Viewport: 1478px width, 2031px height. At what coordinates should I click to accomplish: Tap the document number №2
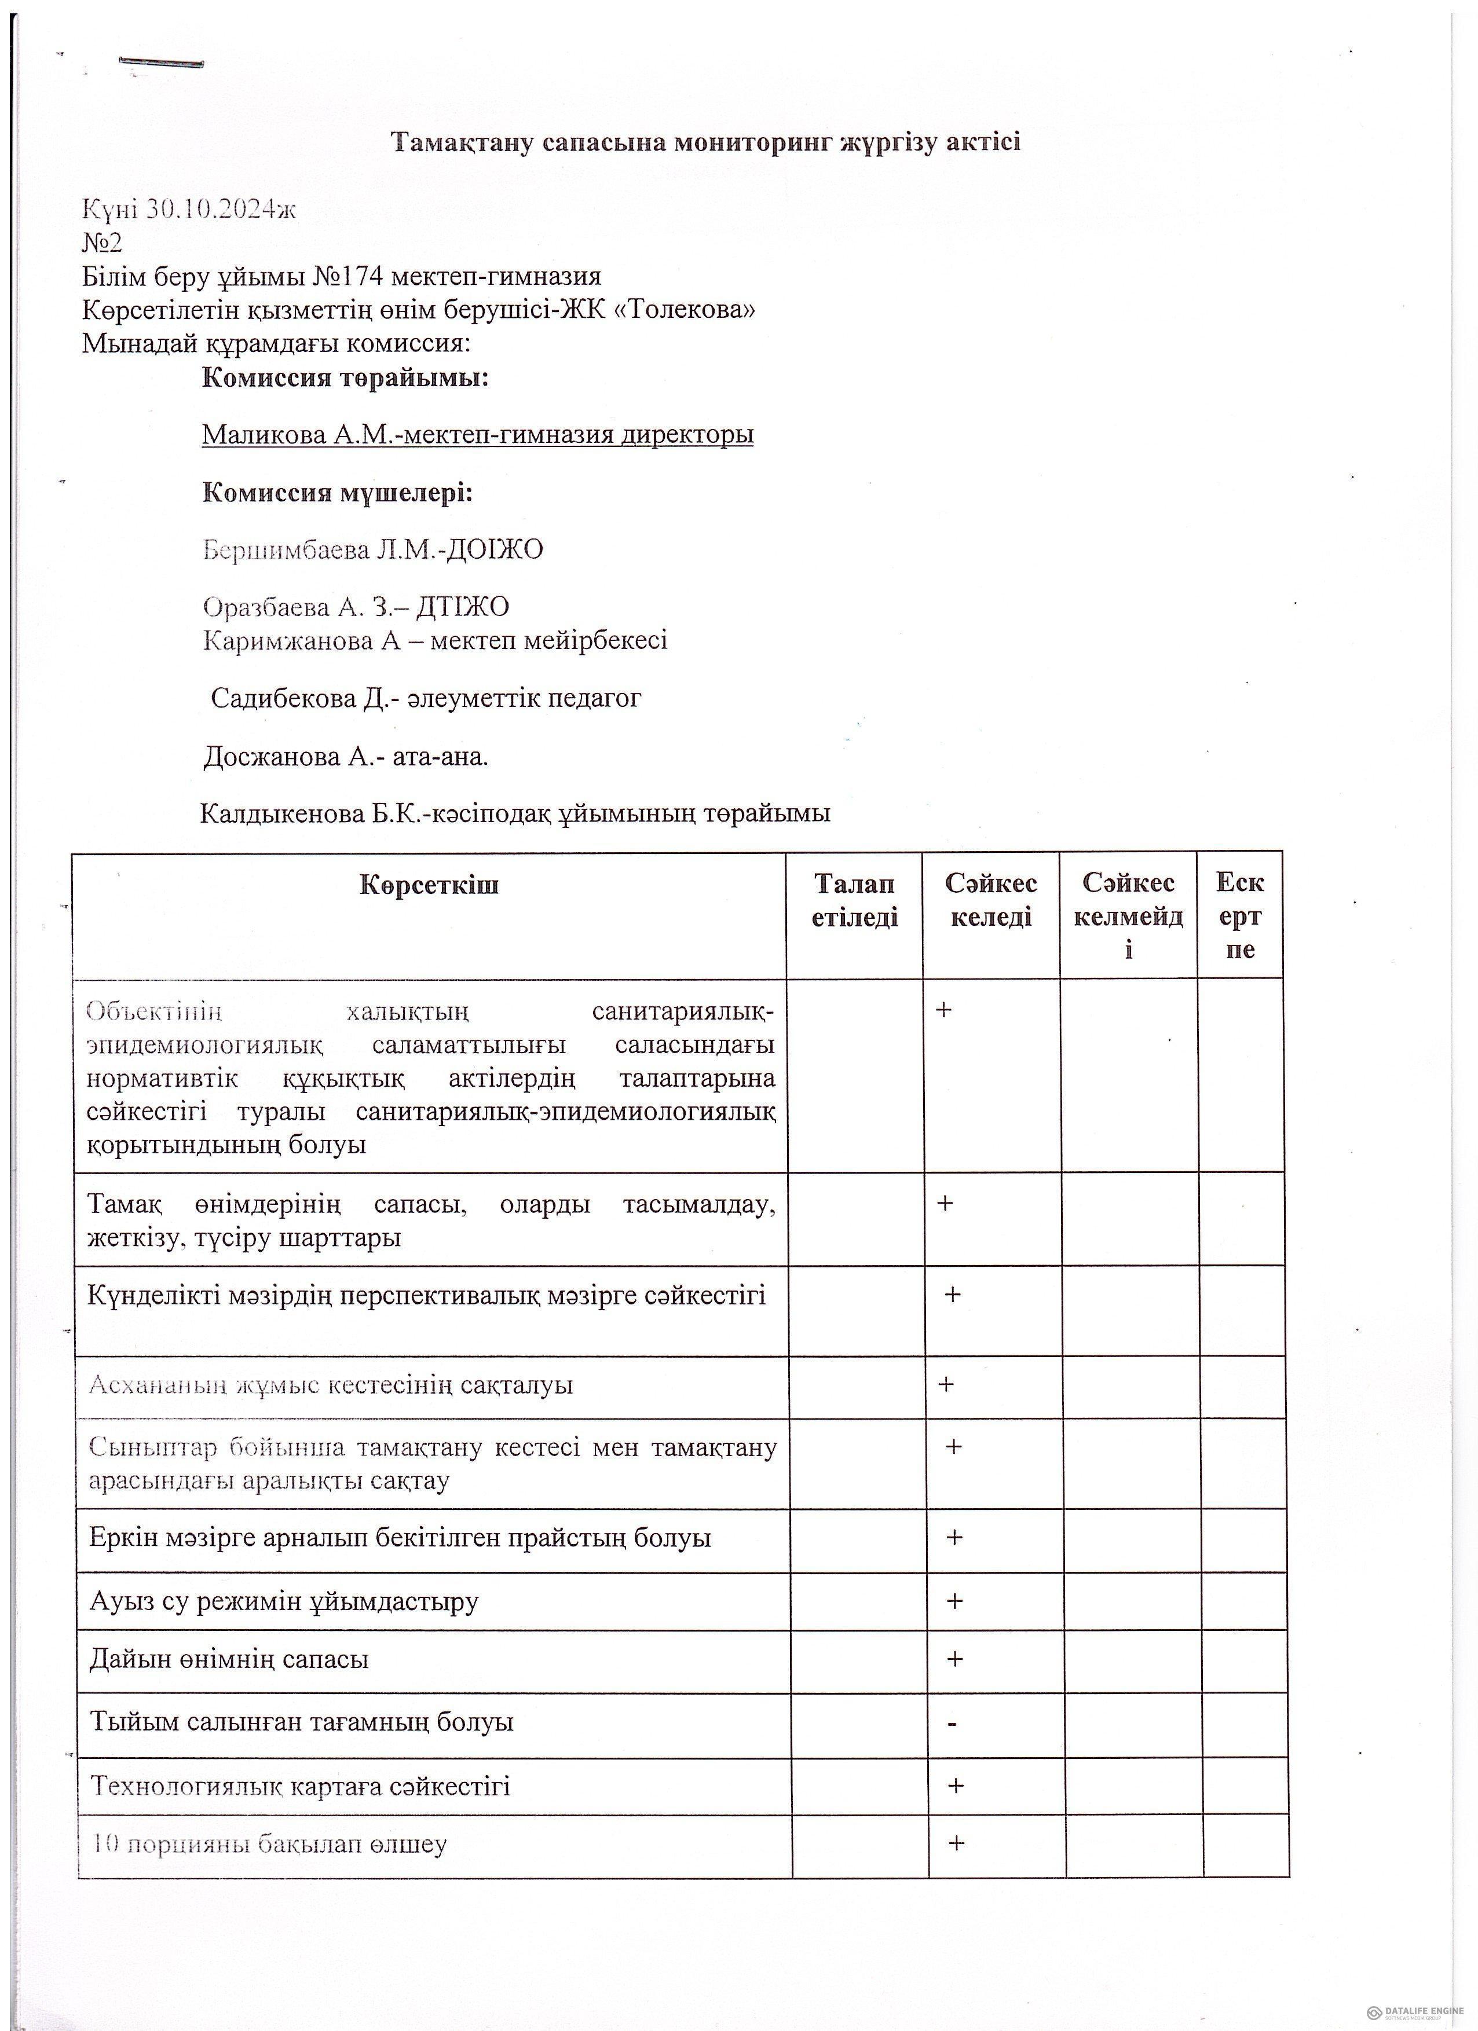point(101,243)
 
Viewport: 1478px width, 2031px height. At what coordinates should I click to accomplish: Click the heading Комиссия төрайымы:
point(346,378)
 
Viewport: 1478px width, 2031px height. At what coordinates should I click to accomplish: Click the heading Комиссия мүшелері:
point(338,493)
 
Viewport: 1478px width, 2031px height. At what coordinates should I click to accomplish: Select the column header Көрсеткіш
point(429,885)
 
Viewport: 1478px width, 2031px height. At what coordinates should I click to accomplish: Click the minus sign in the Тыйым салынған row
point(952,1723)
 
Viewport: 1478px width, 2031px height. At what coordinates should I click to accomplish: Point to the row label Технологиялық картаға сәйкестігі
point(300,1787)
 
